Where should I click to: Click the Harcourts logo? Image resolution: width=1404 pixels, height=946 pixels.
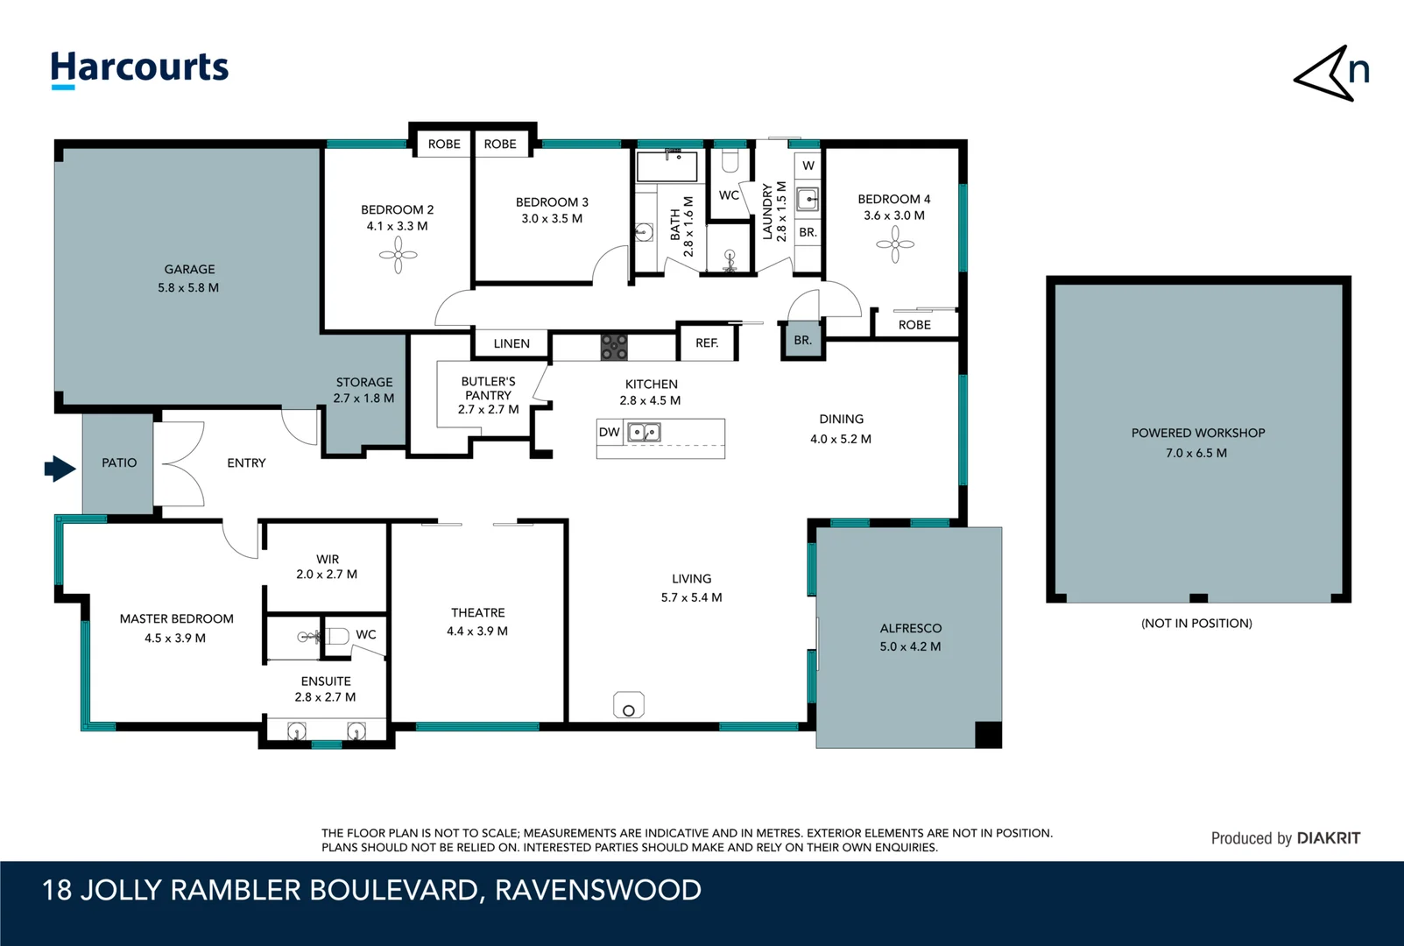pos(139,68)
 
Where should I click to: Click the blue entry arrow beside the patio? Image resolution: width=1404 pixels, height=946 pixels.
pos(60,469)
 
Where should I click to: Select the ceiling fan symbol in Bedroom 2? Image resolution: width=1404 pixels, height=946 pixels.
pos(399,255)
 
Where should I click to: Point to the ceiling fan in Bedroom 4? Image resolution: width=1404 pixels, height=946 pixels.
pos(895,244)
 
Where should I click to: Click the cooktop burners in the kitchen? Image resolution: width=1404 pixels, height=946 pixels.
pos(613,347)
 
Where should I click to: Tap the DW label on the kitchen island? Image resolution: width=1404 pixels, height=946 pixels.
pos(610,432)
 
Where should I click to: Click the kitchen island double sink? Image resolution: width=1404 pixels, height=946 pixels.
pos(644,432)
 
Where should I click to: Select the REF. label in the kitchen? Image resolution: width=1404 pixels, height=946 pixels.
pos(707,343)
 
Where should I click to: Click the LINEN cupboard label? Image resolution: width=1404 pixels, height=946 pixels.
pos(512,343)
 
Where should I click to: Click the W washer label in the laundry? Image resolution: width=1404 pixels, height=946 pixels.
pos(808,166)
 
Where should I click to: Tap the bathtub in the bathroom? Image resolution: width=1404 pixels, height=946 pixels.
pos(667,166)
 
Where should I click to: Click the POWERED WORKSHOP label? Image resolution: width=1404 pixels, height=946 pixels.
pos(1197,433)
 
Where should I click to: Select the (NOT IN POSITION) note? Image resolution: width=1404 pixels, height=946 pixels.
pos(1196,623)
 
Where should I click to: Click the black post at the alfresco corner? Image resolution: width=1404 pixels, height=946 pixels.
pos(988,734)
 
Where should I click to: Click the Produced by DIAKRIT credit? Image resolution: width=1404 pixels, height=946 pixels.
pos(1285,838)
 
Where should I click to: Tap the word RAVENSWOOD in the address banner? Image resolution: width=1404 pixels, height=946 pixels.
pos(598,890)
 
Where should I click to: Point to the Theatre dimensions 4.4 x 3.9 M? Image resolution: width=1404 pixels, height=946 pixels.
pos(477,631)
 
